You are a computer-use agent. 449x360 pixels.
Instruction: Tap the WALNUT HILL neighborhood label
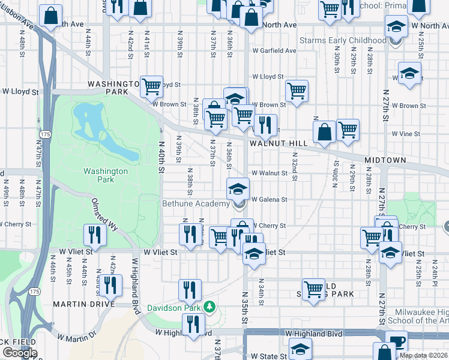click(279, 143)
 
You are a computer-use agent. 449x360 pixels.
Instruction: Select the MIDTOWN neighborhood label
click(385, 161)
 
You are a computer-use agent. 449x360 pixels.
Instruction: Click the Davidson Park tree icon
click(209, 307)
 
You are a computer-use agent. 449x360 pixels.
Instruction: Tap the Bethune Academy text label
click(196, 204)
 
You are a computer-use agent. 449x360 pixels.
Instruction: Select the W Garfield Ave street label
click(274, 51)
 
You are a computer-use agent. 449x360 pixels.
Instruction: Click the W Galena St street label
click(270, 199)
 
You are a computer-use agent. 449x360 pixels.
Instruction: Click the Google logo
click(20, 353)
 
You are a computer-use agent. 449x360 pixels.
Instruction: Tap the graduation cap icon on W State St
click(300, 348)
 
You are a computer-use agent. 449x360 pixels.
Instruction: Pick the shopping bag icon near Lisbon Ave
click(51, 15)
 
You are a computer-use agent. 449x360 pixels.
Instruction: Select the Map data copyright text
click(423, 355)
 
